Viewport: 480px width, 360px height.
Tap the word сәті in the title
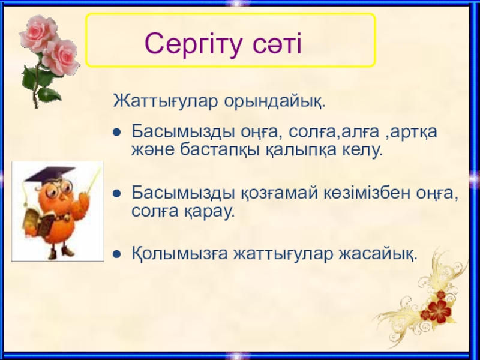pyautogui.click(x=277, y=43)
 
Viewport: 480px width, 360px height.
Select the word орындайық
pyautogui.click(x=275, y=101)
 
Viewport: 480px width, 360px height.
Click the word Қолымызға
pyautogui.click(x=179, y=254)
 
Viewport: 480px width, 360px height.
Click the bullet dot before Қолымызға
pyautogui.click(x=117, y=254)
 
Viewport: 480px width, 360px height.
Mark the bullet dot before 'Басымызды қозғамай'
pyautogui.click(x=117, y=193)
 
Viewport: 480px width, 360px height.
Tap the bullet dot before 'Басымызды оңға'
pyautogui.click(x=117, y=132)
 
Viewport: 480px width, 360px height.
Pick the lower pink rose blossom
pyautogui.click(x=61, y=57)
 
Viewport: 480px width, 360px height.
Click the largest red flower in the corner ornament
pyautogui.click(x=440, y=311)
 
